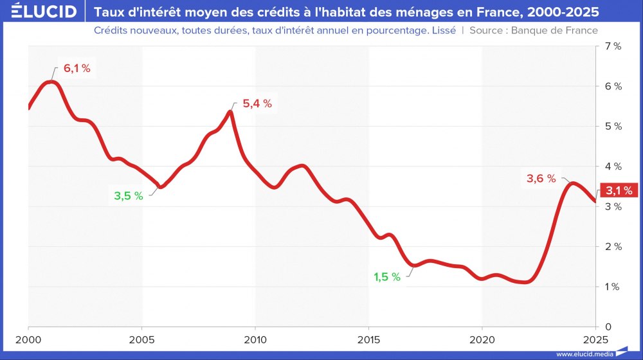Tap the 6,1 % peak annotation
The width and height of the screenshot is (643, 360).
click(77, 69)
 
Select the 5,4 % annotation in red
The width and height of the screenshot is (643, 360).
click(257, 104)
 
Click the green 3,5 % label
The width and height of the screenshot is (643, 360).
click(128, 196)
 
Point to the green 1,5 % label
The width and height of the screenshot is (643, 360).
click(387, 277)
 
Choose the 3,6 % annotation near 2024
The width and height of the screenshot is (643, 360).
click(541, 179)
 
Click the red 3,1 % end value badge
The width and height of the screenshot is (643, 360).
click(619, 190)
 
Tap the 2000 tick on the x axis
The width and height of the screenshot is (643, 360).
click(28, 339)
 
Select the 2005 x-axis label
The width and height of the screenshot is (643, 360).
click(141, 339)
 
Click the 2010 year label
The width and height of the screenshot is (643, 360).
click(255, 339)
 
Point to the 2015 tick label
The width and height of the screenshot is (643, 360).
click(368, 339)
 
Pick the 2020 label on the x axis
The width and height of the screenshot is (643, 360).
click(482, 339)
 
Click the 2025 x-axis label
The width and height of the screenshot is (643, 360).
click(595, 339)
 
